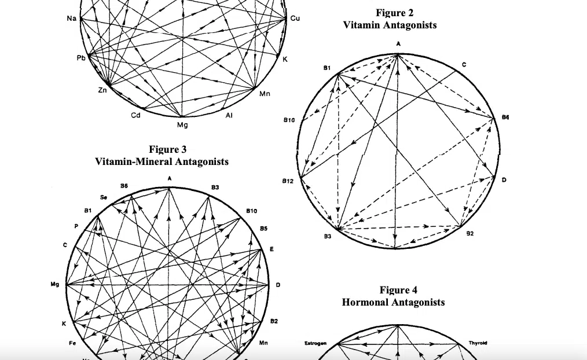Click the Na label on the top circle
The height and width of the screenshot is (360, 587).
pyautogui.click(x=71, y=19)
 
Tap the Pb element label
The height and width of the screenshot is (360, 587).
pyautogui.click(x=80, y=58)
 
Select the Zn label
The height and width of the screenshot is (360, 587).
pyautogui.click(x=102, y=90)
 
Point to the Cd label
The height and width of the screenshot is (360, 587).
pyautogui.click(x=135, y=115)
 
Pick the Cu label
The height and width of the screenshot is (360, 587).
pyautogui.click(x=295, y=19)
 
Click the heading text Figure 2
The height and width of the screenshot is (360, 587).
pyautogui.click(x=395, y=13)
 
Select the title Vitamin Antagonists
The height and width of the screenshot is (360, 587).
pyautogui.click(x=390, y=25)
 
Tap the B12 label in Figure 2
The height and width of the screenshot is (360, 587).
pyautogui.click(x=288, y=181)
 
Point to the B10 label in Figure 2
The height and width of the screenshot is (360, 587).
pyautogui.click(x=289, y=120)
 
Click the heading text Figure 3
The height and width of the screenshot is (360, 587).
pyautogui.click(x=168, y=149)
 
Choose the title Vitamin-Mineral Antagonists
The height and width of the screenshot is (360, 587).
pyautogui.click(x=162, y=161)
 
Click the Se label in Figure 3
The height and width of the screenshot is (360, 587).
pyautogui.click(x=104, y=197)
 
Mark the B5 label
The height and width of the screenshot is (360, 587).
pyautogui.click(x=263, y=229)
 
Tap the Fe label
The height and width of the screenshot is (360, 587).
pyautogui.click(x=72, y=343)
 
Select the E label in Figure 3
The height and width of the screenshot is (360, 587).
pyautogui.click(x=272, y=249)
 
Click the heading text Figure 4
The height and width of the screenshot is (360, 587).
pyautogui.click(x=398, y=290)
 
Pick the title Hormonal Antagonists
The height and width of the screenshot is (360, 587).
pyautogui.click(x=393, y=302)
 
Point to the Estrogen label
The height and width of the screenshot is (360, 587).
pyautogui.click(x=315, y=343)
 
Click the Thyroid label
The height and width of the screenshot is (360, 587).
pyautogui.click(x=478, y=343)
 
